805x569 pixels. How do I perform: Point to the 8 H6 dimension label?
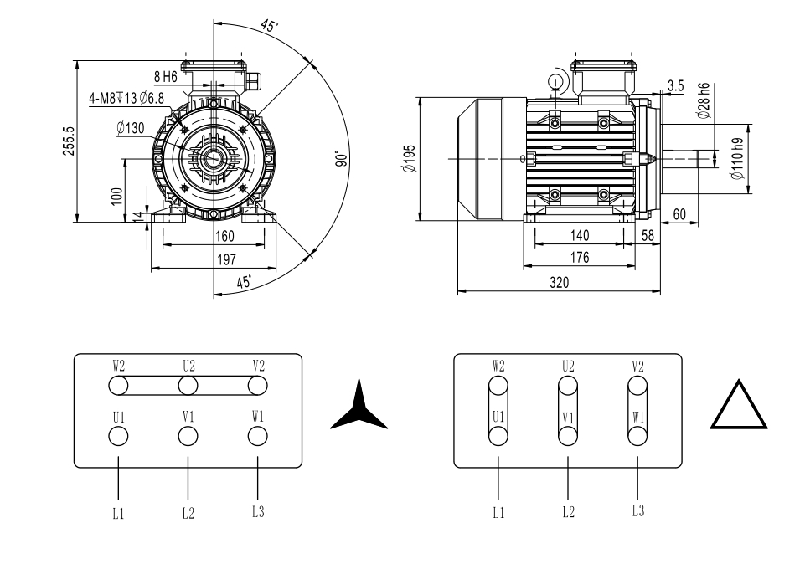(x=165, y=77)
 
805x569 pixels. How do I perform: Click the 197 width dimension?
(x=226, y=260)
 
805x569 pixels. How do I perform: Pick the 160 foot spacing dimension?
(x=224, y=237)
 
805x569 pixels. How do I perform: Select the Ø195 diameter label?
(x=409, y=157)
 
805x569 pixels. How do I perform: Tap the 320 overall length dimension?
(x=559, y=283)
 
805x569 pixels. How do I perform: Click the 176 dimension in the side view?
(x=580, y=259)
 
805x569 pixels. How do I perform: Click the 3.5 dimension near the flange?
(x=676, y=85)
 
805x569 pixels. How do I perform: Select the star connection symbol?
(x=359, y=408)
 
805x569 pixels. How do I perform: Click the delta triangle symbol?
(x=740, y=406)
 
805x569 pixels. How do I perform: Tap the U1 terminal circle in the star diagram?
(x=118, y=436)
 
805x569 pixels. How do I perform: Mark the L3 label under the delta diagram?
(x=638, y=511)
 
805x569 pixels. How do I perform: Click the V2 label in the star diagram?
(x=258, y=366)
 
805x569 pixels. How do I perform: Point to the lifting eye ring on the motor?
(x=555, y=81)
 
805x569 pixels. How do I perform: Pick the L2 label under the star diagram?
(x=188, y=513)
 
